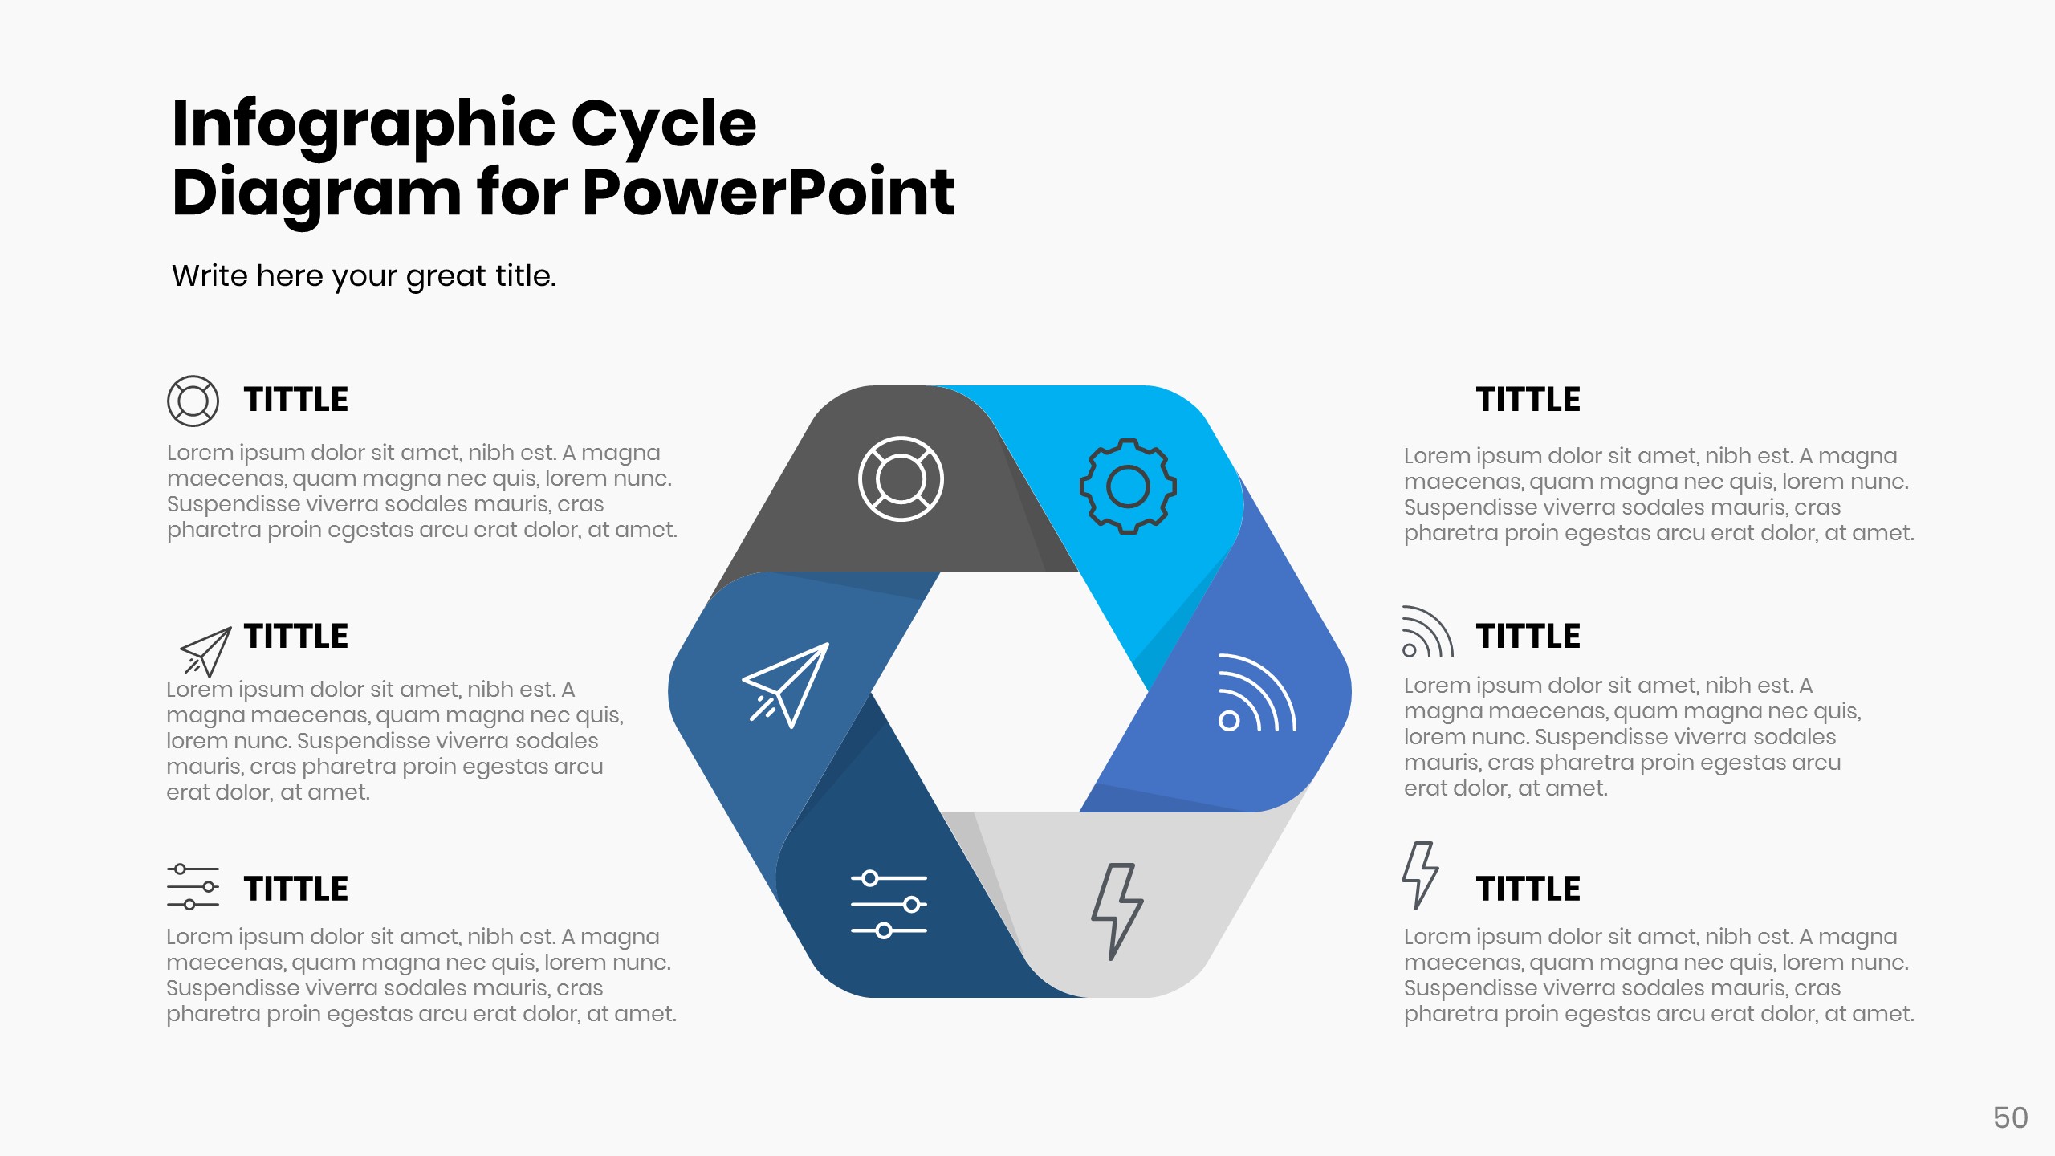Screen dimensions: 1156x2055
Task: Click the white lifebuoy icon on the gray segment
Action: click(901, 479)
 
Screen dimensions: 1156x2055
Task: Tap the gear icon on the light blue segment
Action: click(1128, 486)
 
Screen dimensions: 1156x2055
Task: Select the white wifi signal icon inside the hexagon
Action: click(1255, 694)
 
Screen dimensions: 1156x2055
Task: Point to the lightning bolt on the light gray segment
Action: click(1117, 911)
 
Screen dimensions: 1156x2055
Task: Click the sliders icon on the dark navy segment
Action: click(889, 905)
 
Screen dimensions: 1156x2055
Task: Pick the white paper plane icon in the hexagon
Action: click(785, 684)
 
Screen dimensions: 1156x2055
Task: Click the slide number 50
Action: click(2010, 1118)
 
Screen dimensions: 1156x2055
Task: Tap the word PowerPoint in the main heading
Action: click(768, 193)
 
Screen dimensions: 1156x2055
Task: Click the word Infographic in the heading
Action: click(364, 124)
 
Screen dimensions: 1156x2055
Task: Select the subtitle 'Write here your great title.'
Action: click(364, 275)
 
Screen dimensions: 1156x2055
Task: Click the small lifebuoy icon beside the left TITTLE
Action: click(193, 401)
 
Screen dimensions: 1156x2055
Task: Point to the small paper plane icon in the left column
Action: click(205, 651)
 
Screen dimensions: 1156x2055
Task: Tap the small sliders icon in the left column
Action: click(193, 887)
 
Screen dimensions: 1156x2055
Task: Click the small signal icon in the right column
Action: click(1426, 633)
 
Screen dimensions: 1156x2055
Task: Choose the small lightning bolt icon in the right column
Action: click(1420, 875)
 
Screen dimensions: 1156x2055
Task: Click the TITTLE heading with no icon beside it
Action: click(1528, 400)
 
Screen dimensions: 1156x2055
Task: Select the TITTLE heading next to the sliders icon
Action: click(296, 889)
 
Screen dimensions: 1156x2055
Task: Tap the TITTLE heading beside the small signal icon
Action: click(1528, 637)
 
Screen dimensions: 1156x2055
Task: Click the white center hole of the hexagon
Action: click(1010, 692)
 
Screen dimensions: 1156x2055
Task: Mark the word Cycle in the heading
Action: click(664, 124)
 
